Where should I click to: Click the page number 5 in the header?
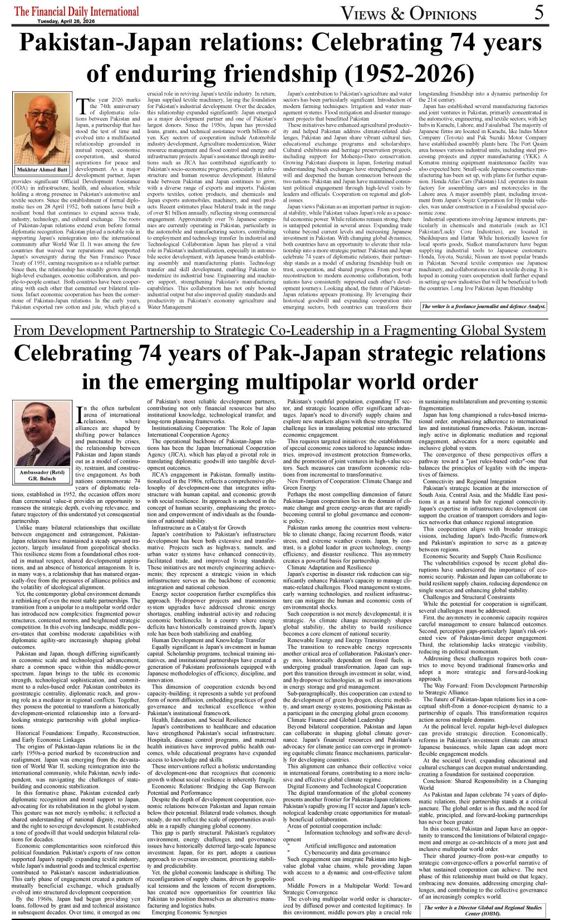pos(538,12)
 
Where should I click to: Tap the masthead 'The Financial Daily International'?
pos(77,11)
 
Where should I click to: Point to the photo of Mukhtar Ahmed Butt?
pos(41,128)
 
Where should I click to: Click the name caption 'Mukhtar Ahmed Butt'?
pos(42,170)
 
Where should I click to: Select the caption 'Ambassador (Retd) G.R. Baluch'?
pos(42,474)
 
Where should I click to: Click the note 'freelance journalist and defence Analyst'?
pos(483,306)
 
